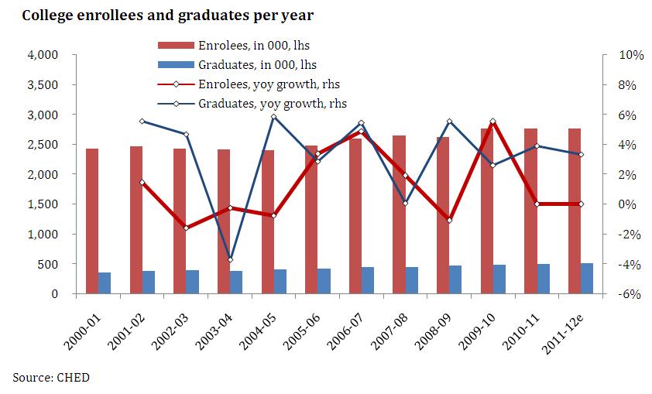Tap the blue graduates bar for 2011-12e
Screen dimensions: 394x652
point(587,279)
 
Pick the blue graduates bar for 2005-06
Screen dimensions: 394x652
point(324,281)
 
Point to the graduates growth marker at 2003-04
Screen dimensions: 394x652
point(230,259)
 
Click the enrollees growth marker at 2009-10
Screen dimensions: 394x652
point(493,122)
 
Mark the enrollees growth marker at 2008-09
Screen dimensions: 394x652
point(449,221)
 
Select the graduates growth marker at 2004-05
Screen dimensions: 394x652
point(273,117)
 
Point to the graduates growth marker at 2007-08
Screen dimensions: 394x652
point(405,204)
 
